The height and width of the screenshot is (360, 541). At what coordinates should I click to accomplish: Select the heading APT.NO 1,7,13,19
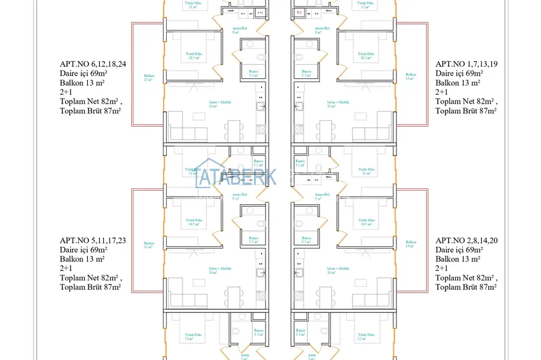point(467,64)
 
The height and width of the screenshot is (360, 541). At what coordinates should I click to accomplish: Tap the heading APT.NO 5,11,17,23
point(93,240)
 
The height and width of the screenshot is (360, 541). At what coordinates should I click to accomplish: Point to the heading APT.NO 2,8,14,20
point(467,240)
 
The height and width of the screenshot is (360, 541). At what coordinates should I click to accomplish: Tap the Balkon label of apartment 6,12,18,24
point(148,78)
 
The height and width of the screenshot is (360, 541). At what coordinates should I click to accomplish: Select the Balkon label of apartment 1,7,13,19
point(411,78)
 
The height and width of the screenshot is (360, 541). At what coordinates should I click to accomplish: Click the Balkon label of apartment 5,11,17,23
point(148,245)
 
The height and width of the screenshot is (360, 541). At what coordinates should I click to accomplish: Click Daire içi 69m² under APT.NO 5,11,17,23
point(83,250)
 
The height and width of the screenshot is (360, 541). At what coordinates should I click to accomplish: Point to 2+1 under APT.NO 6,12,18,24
point(66,92)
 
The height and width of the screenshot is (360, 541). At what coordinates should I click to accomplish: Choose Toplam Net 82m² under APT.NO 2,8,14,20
point(465,278)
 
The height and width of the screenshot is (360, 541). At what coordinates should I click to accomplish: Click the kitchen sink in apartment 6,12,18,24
point(260,106)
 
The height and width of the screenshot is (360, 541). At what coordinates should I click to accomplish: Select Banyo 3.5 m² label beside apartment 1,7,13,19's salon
point(306,73)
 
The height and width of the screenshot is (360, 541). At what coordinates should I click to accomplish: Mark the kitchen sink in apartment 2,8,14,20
point(297,273)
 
